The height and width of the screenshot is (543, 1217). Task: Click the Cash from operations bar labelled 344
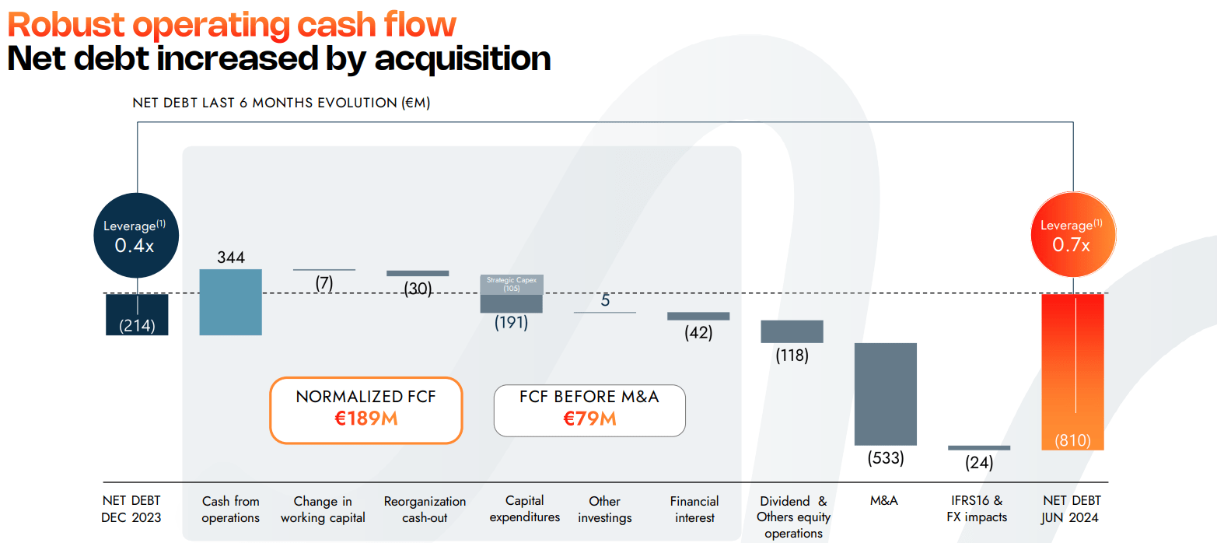[x=230, y=302]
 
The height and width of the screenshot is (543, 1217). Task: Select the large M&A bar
[x=885, y=394]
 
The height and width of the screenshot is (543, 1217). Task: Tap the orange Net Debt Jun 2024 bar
[x=1072, y=366]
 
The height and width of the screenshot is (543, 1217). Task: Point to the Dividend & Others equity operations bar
[x=792, y=331]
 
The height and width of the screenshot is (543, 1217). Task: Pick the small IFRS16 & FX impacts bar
[x=979, y=448]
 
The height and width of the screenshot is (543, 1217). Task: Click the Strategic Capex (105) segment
[x=511, y=284]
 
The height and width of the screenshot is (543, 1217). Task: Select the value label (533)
[x=886, y=458]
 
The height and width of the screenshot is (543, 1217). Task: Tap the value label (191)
[x=511, y=323]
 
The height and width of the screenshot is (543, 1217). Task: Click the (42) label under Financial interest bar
[x=698, y=333]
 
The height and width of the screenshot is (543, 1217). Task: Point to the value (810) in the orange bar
[x=1072, y=440]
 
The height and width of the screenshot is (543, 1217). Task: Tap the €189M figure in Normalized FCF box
[x=365, y=419]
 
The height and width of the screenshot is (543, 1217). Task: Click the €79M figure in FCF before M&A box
[x=589, y=419]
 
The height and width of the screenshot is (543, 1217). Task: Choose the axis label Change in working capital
[x=323, y=510]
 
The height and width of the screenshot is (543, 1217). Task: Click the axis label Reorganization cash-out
[x=425, y=510]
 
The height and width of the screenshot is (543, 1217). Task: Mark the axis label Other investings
[x=604, y=510]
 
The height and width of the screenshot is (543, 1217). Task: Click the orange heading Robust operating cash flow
[x=232, y=25]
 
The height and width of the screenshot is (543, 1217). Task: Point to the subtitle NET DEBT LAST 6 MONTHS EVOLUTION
[x=281, y=103]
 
